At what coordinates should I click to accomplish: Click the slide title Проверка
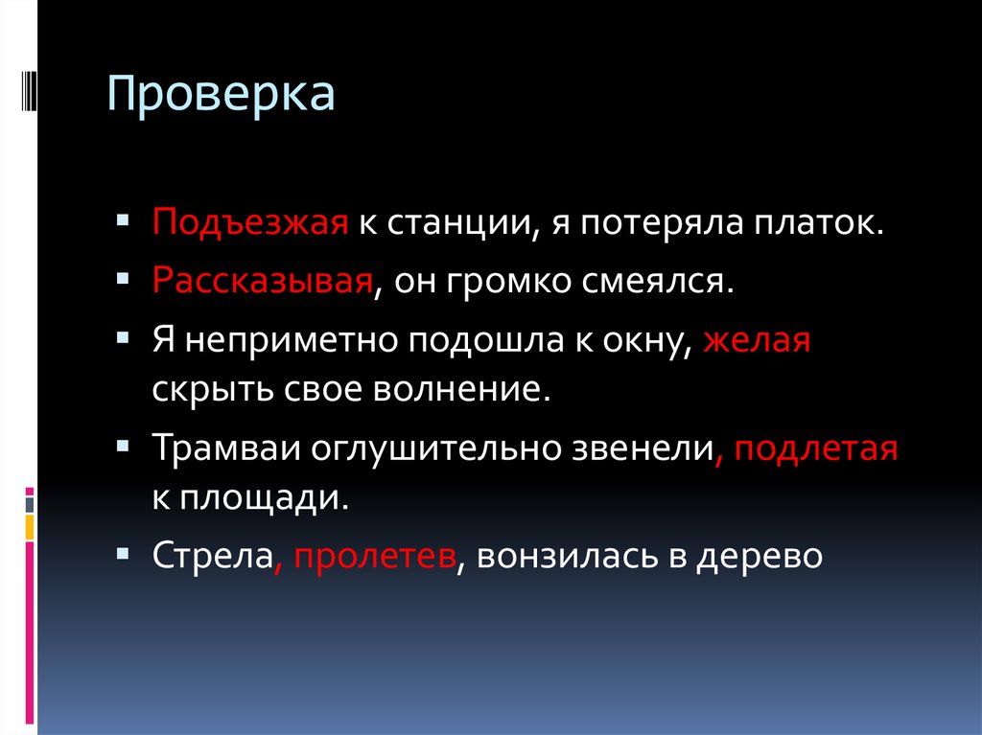(x=221, y=96)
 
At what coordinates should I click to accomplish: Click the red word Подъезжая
(x=247, y=224)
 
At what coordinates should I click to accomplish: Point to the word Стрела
(x=211, y=556)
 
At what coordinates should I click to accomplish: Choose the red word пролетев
(x=374, y=556)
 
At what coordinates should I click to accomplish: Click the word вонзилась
(x=556, y=556)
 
